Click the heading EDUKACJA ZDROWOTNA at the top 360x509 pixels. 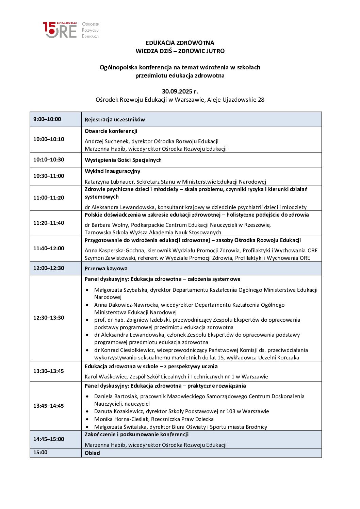coord(180,43)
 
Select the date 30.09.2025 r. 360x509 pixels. coord(180,91)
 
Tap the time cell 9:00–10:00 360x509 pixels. coord(47,119)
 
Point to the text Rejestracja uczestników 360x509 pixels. coord(115,120)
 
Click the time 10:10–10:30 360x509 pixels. coord(49,160)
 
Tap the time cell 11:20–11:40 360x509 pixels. coord(49,223)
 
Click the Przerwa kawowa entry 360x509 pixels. coord(106,269)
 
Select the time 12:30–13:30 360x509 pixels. coord(49,318)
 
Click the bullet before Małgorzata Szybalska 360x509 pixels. coord(88,290)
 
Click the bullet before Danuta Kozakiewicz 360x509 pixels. coord(88,411)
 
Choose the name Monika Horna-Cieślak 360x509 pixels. coord(122,419)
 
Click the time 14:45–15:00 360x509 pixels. coord(49,439)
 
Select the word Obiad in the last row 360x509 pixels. coord(92,453)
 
